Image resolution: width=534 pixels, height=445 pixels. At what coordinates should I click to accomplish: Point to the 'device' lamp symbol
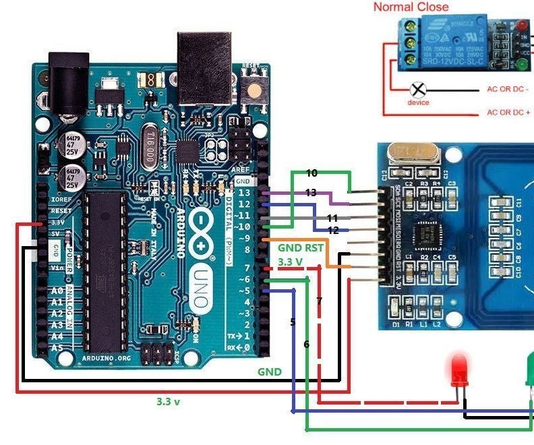[418, 90]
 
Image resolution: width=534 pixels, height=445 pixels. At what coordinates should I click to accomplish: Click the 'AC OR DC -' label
[508, 89]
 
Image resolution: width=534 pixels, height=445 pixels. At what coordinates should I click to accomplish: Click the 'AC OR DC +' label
[508, 113]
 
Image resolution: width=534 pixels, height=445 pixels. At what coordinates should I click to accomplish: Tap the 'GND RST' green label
[301, 248]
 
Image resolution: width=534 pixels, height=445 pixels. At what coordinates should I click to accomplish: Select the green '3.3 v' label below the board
[168, 400]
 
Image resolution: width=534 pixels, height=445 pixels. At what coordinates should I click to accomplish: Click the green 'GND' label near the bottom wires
[270, 372]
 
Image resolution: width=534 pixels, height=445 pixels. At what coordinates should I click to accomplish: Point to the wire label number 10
[311, 173]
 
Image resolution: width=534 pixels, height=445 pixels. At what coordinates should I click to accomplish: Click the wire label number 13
[311, 193]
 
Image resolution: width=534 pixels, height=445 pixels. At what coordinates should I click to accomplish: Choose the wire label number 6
[306, 344]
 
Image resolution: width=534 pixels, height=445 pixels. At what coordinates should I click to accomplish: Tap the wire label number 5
[293, 322]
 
